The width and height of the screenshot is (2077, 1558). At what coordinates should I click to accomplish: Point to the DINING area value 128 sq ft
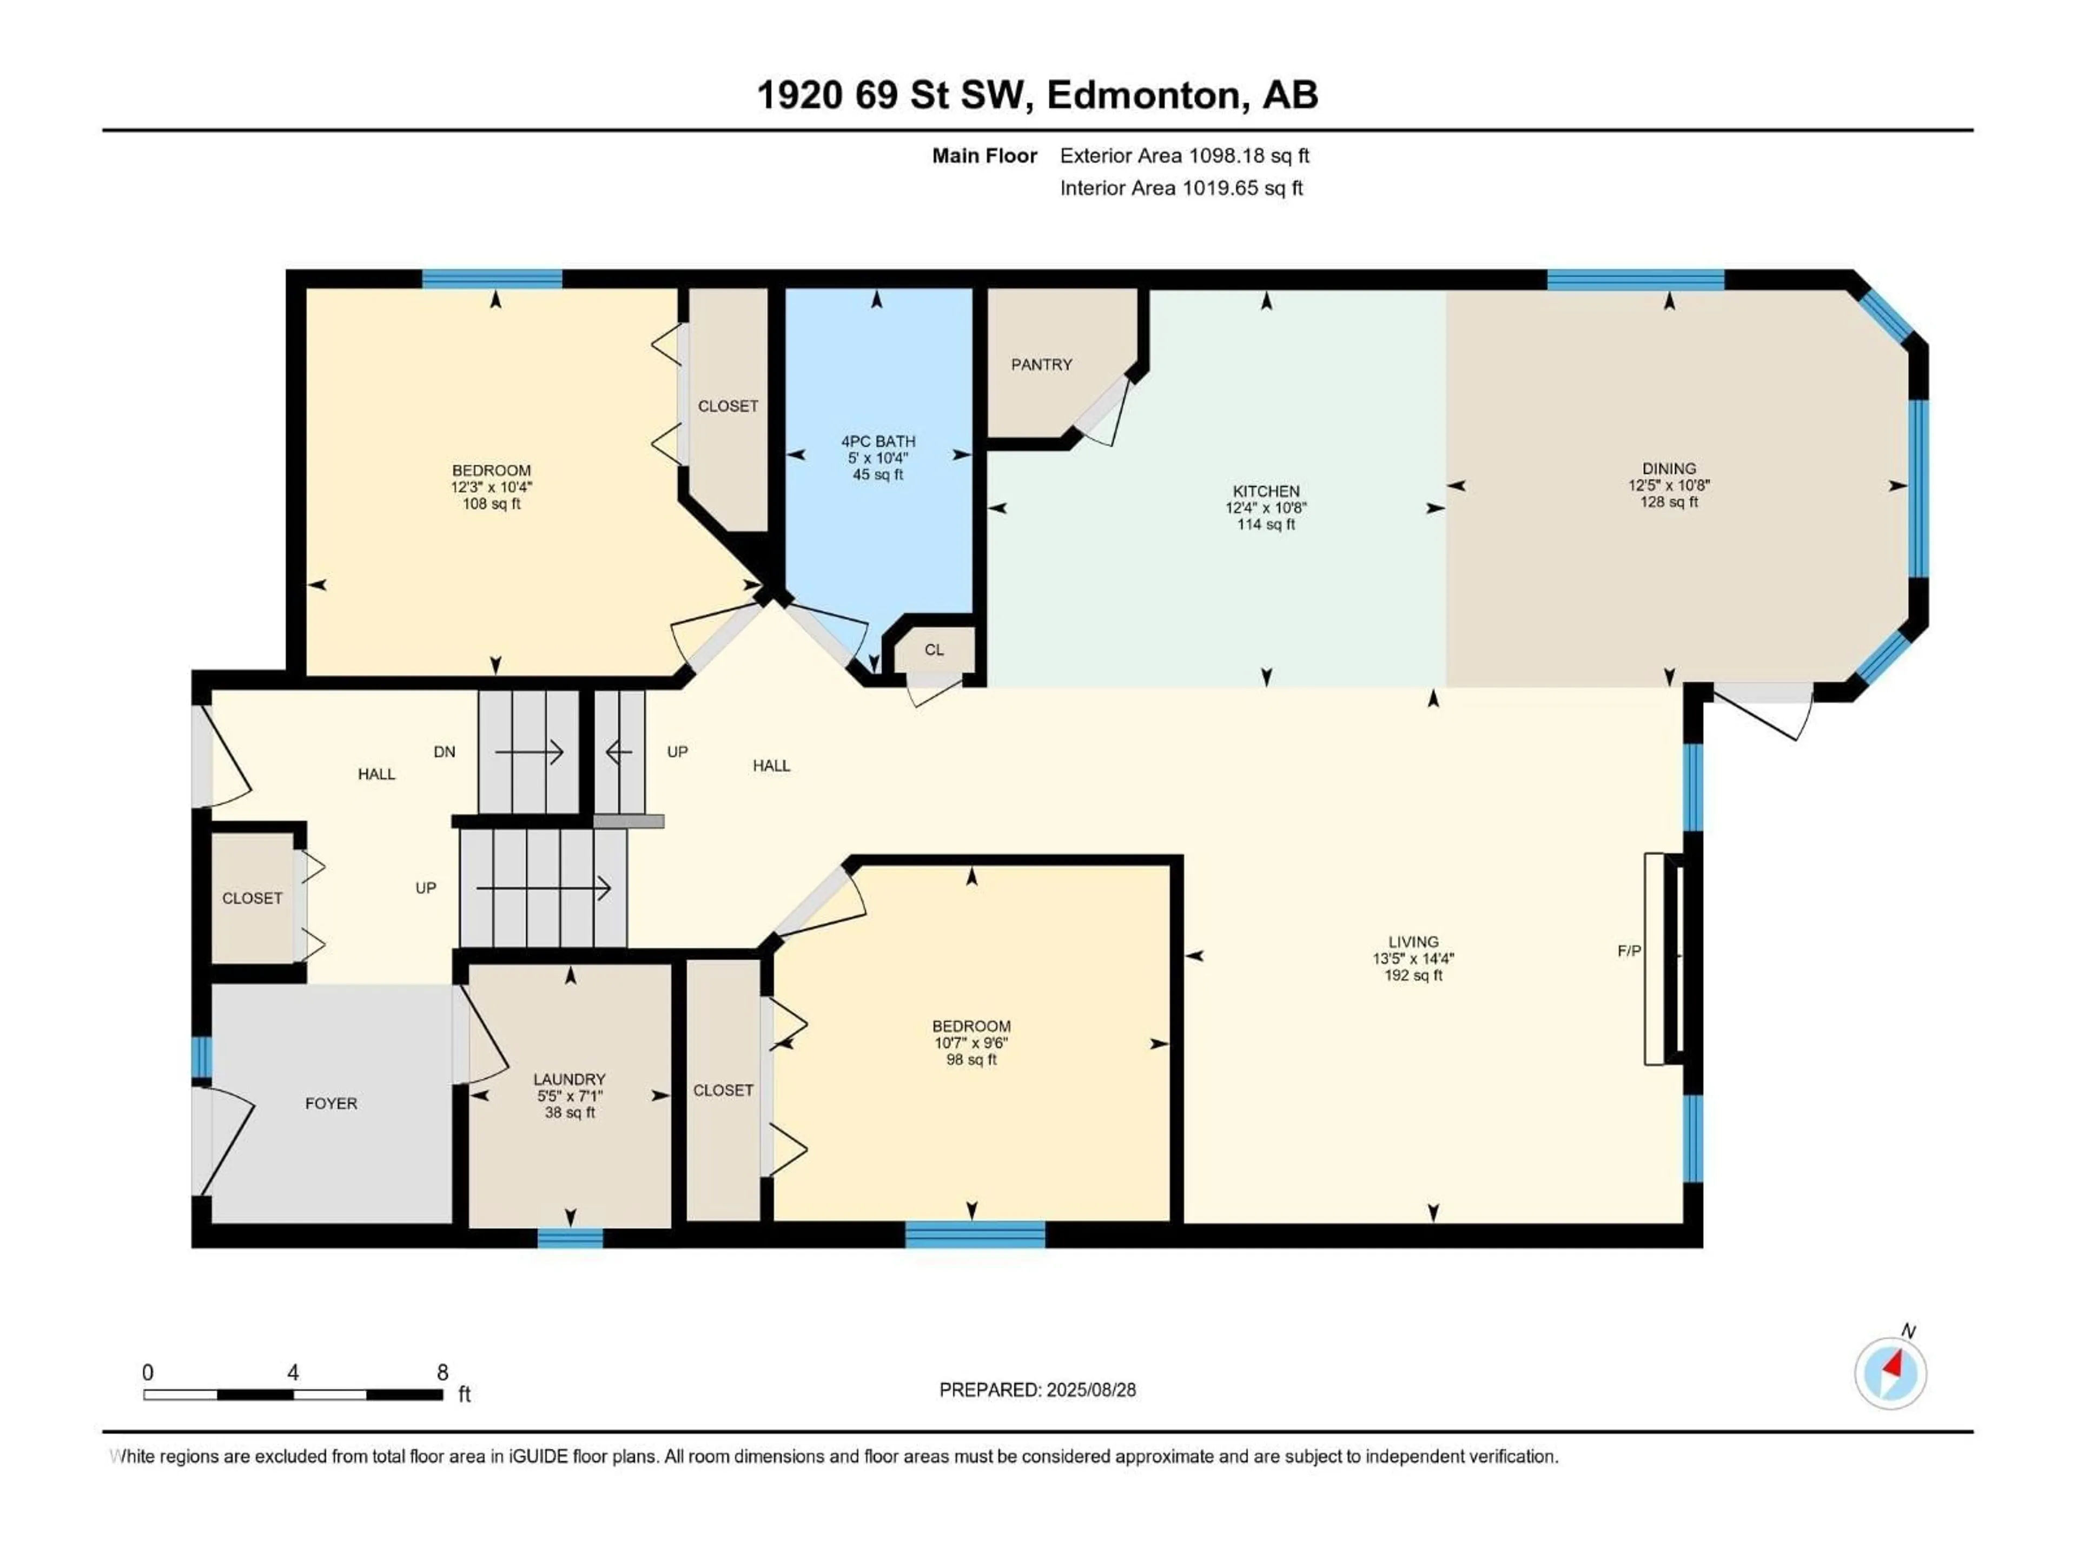point(1669,503)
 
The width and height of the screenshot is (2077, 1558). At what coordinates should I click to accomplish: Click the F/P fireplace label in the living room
point(1629,952)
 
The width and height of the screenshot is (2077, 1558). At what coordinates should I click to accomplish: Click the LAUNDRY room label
point(569,1080)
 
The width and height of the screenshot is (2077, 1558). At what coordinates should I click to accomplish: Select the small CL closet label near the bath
point(934,650)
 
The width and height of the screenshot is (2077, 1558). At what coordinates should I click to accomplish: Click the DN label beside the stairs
point(444,751)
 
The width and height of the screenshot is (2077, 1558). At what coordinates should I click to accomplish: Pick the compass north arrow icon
point(1890,1373)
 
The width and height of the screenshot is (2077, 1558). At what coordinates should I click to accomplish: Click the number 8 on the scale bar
point(442,1372)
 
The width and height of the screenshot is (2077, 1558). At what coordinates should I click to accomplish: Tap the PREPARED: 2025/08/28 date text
point(1037,1390)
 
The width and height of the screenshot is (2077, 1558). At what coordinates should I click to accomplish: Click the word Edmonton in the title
point(1147,95)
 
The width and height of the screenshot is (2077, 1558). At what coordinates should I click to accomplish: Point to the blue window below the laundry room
point(570,1238)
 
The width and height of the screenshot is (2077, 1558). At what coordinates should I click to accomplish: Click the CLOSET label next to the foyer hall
point(252,899)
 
